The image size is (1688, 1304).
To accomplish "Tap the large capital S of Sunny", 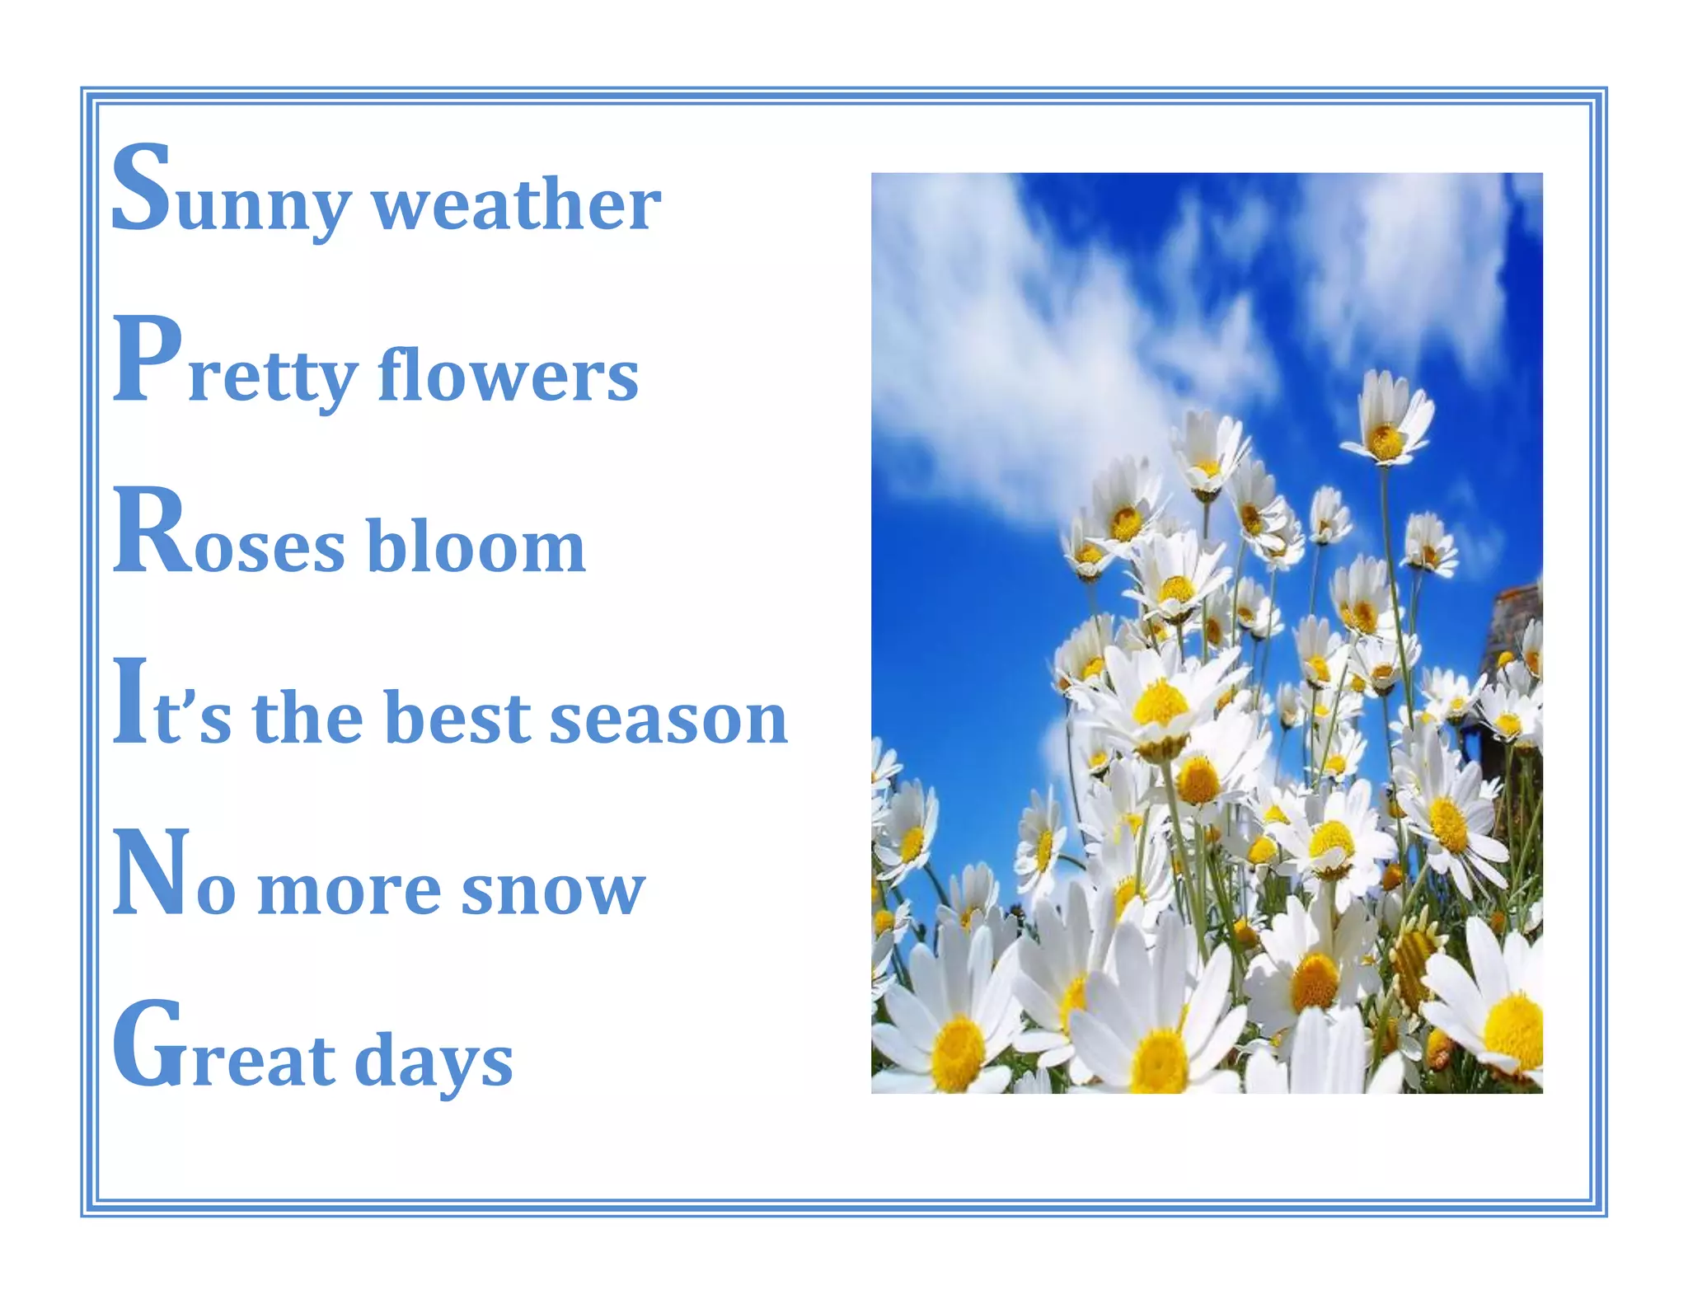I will point(142,188).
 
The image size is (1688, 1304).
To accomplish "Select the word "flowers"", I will point(508,375).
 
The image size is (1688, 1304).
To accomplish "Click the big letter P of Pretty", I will point(147,360).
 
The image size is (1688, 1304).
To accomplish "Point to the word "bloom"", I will point(476,546).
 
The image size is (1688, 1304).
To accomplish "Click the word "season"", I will point(668,719).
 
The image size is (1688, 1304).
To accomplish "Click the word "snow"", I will point(552,890).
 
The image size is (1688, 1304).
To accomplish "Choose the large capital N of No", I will point(152,874).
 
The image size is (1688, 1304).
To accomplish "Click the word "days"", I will point(434,1063).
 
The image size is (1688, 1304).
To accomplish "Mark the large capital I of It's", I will point(130,702).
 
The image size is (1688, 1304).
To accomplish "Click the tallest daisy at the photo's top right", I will point(1386,420).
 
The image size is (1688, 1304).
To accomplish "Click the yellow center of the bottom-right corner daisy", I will point(1515,1030).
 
